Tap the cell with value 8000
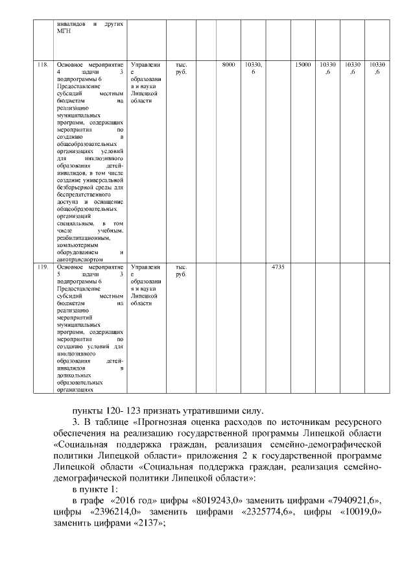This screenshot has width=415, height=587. point(228,66)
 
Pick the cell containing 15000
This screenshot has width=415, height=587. point(302,66)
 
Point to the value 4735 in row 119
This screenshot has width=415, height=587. point(278,267)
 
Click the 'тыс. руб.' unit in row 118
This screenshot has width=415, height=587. point(182,69)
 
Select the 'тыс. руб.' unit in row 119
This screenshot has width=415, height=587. point(182,270)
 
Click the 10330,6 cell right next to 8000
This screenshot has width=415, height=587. point(253,69)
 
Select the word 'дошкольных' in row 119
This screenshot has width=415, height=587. point(73,376)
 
